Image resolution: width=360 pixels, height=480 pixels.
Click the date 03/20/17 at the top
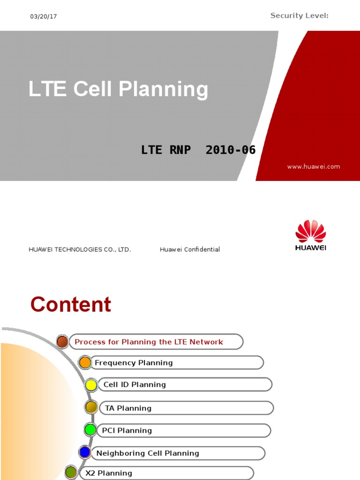point(44,16)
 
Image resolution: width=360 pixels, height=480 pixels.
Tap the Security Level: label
point(299,16)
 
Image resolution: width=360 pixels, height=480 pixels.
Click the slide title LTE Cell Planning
point(118,89)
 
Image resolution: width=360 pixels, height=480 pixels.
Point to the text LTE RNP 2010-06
point(198,150)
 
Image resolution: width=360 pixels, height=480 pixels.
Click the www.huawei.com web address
point(313,166)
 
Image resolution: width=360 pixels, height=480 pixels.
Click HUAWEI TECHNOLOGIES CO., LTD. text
point(80,249)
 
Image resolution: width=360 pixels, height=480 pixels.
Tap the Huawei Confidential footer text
point(189,249)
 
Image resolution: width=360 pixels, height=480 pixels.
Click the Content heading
point(71,305)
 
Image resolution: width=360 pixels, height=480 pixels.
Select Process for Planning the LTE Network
point(149,342)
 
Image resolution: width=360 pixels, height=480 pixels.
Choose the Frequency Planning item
point(134,363)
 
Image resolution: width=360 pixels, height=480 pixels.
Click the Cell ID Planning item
point(135,384)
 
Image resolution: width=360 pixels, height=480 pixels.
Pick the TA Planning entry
point(128,408)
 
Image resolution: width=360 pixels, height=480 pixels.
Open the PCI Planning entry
point(127,430)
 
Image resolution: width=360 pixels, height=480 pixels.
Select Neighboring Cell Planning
point(148,453)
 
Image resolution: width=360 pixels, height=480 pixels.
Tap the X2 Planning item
point(109,473)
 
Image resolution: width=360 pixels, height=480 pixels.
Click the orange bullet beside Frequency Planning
point(85,363)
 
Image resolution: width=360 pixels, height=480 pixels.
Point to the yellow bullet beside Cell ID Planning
point(91,385)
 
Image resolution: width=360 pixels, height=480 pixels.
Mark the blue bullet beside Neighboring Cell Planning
point(85,452)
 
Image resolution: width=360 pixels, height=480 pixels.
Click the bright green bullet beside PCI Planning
point(90,429)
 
